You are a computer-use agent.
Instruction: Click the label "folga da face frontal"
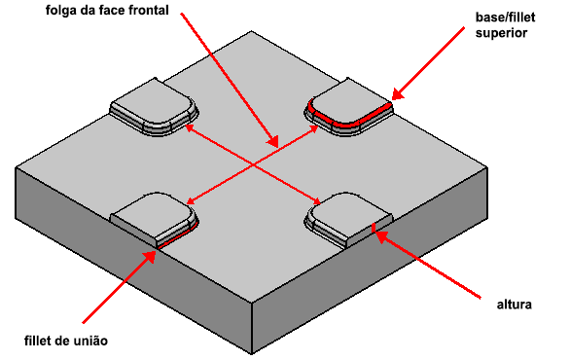click(107, 10)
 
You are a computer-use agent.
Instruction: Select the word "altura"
click(514, 305)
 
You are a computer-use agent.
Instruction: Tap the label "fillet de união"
click(66, 342)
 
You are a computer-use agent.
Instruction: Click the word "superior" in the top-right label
click(501, 33)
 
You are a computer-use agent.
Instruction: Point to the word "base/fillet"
click(505, 18)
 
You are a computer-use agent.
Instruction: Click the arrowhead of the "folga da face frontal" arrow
click(273, 141)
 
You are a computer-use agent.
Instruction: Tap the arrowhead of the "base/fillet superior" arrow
click(397, 94)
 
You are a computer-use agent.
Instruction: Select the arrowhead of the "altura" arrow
click(380, 236)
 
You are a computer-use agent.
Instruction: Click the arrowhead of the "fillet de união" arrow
click(150, 256)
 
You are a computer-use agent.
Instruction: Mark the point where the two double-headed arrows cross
click(253, 165)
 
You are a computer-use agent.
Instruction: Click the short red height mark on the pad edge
click(373, 228)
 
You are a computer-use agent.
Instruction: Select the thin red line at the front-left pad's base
click(178, 236)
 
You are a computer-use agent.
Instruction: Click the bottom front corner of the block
click(252, 353)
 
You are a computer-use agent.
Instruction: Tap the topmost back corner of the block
click(252, 31)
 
